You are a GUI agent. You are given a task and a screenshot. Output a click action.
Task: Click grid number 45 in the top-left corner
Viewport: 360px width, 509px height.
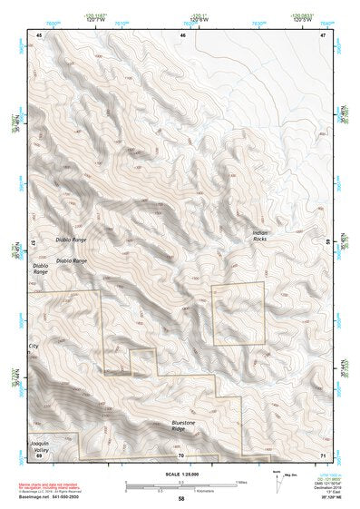39,34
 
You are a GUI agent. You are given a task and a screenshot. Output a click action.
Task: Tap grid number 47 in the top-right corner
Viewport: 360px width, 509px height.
325,34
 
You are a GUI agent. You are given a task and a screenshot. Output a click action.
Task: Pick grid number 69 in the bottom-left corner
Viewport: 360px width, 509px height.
39,455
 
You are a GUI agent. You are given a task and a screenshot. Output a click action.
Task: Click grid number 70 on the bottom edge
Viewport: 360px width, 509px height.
181,455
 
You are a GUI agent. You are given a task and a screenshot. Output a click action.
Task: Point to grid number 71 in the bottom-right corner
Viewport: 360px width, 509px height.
324,455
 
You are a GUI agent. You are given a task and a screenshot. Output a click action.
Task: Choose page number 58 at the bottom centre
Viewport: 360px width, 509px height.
180,499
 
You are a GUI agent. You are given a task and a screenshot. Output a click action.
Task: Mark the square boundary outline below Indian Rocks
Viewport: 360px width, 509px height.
238,313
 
